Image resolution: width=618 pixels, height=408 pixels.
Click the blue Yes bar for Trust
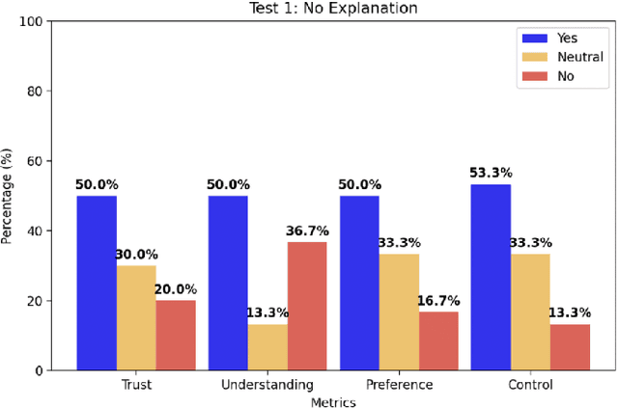tap(97, 283)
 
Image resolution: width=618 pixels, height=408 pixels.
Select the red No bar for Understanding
tap(307, 306)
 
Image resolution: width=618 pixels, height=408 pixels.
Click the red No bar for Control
tap(570, 346)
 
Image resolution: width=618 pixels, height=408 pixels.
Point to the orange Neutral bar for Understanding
tap(267, 346)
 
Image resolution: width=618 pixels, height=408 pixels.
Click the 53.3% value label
tap(491, 175)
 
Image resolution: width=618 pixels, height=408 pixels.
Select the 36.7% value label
tap(307, 231)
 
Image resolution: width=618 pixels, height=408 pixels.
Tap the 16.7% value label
tap(438, 302)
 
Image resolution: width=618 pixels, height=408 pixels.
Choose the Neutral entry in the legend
tap(562, 57)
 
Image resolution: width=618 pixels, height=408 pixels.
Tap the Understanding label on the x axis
tap(267, 385)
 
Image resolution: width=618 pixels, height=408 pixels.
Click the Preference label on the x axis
tap(399, 385)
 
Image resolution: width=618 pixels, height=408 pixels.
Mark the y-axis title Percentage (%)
tap(9, 196)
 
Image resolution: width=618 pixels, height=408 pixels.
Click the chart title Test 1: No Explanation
tap(333, 9)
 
